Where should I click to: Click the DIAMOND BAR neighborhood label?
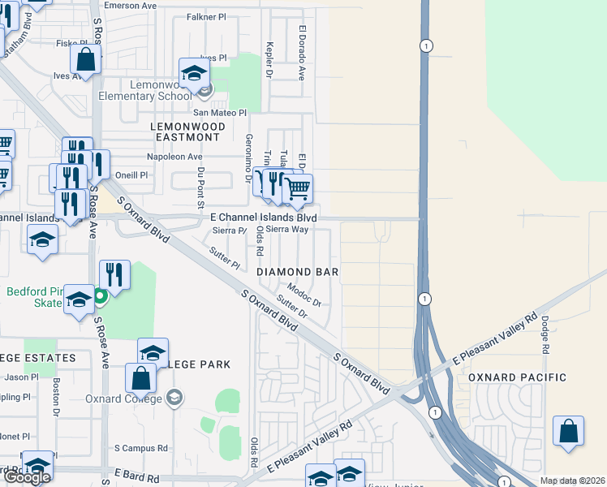coord(297,271)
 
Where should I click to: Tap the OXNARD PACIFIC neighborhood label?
coord(516,377)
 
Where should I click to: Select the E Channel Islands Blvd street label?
coord(263,218)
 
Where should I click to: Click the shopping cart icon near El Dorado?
coord(298,189)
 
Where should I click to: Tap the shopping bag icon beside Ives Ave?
coord(85,58)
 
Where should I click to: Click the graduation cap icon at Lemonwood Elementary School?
coord(194,75)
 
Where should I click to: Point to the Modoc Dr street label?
coord(305,295)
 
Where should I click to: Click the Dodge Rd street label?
coord(545,334)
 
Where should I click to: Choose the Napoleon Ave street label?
coord(174,157)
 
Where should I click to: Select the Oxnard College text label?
coord(123,399)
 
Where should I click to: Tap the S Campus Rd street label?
coord(140,447)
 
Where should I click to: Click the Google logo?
coord(27,477)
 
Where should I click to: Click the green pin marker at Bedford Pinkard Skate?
coord(100,296)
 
